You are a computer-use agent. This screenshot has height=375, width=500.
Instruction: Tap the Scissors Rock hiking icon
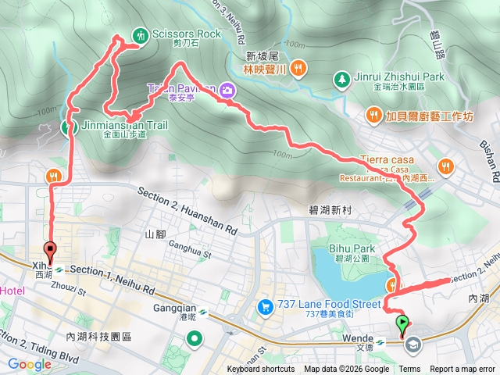coord(140,34)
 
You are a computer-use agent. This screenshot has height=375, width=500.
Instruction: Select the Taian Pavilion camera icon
coord(227,89)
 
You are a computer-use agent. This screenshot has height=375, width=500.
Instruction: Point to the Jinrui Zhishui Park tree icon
coord(341,77)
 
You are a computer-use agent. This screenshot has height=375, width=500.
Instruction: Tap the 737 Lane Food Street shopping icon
coord(265,305)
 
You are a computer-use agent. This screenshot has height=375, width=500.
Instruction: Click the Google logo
coord(29,364)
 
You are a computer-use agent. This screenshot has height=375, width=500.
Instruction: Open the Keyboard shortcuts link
coord(261,370)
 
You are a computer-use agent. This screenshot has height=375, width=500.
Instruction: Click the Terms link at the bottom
coord(409,370)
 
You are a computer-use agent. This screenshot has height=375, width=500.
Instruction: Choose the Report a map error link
coord(462,370)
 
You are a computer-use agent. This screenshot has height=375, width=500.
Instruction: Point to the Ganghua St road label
coord(191,252)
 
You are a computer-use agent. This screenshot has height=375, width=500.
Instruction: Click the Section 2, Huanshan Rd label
coord(187,211)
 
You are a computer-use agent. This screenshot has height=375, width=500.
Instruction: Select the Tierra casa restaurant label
coord(385,160)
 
